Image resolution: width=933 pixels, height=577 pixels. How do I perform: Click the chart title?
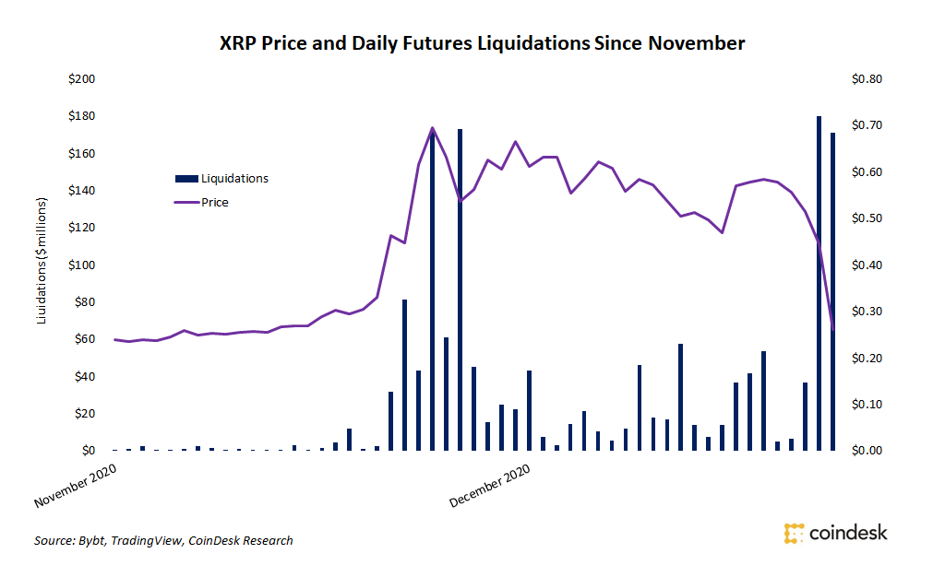[x=481, y=42]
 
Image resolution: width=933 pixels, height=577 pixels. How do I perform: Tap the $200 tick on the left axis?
[x=81, y=79]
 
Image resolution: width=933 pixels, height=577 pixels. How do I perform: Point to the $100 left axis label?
[x=81, y=265]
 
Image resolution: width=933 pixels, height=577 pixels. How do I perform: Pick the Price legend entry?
[x=214, y=202]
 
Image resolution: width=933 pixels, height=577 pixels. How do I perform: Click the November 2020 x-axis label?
[x=78, y=487]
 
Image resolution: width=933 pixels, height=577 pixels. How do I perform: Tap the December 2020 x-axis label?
[x=490, y=487]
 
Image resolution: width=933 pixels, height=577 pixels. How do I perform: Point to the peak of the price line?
[x=433, y=128]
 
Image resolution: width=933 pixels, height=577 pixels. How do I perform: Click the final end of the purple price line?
[x=833, y=329]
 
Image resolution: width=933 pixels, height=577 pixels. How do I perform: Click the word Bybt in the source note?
[x=90, y=541]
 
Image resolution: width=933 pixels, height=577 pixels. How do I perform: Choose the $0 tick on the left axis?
[x=88, y=451]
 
